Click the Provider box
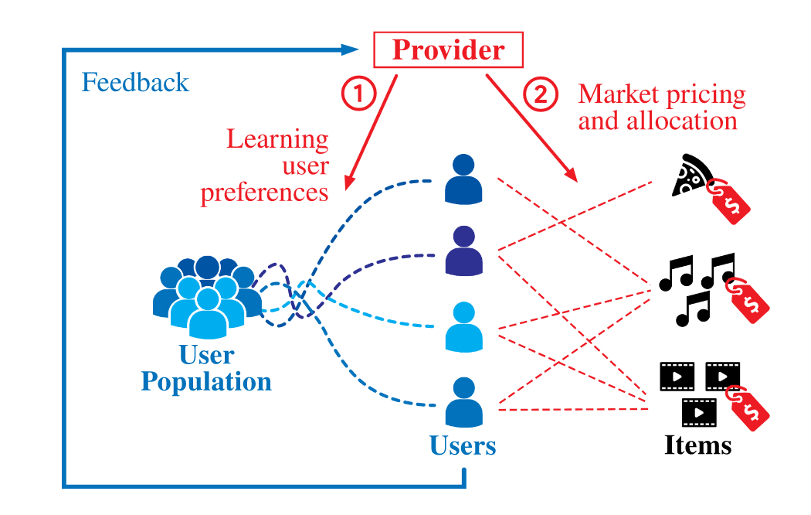[x=448, y=49]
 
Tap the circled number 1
[x=358, y=94]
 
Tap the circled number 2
[x=540, y=94]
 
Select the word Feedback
[x=135, y=82]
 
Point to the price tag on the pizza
[x=729, y=201]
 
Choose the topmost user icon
[x=463, y=179]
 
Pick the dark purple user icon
[x=464, y=251]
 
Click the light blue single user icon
[x=464, y=327]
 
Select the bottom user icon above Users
[x=464, y=402]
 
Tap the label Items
[x=697, y=445]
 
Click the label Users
[x=463, y=445]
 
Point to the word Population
[x=206, y=381]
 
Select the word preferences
[x=264, y=193]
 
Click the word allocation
[x=681, y=121]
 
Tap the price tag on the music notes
[x=748, y=300]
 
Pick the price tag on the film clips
[x=748, y=408]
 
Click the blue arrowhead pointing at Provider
[x=350, y=49]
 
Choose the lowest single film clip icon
[x=699, y=412]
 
